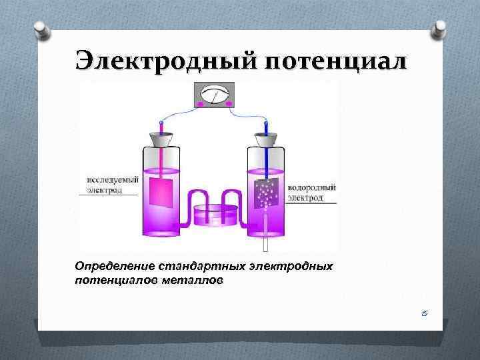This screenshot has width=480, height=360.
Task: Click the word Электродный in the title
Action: click(166, 61)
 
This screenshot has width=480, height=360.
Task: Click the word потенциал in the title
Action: click(335, 61)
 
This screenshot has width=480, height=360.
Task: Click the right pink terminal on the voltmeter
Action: click(229, 105)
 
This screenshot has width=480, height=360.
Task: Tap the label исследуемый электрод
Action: click(111, 185)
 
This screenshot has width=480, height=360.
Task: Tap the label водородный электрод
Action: click(311, 193)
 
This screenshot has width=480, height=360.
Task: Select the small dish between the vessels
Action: click(213, 217)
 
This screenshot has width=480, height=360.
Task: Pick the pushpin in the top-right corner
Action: click(439, 29)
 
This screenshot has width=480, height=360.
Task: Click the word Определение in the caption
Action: click(113, 267)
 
